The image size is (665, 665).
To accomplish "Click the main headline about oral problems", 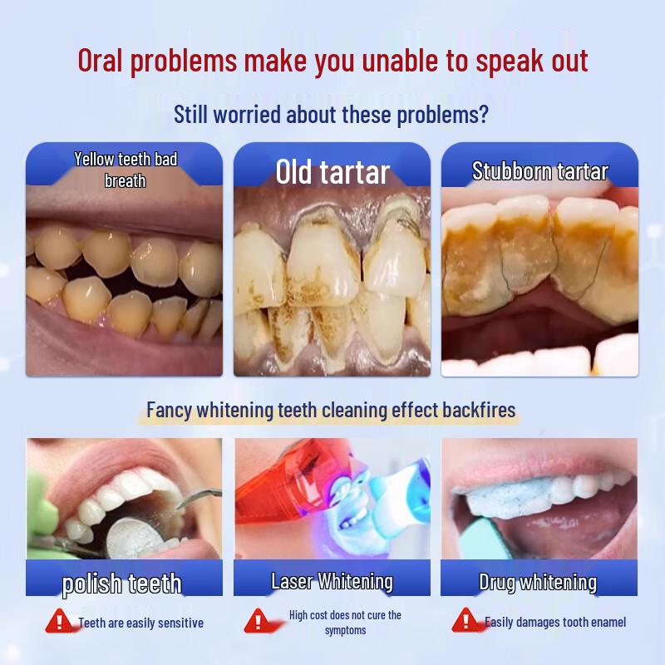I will (x=332, y=61).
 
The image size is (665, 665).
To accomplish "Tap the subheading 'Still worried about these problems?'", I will (x=331, y=114).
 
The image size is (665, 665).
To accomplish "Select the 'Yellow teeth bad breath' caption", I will (x=126, y=170).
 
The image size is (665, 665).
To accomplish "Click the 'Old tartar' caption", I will (x=332, y=172).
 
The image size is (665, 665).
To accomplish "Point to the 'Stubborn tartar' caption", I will (x=539, y=171).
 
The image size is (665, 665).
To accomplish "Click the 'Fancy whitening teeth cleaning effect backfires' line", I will (x=331, y=410).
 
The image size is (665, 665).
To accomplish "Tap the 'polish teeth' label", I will (x=122, y=583).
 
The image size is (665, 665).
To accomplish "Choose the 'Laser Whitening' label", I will (x=332, y=580).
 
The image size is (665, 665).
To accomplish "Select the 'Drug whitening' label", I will (x=538, y=582).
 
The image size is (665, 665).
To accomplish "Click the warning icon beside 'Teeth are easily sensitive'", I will (x=58, y=621).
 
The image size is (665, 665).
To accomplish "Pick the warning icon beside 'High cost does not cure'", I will (x=257, y=621).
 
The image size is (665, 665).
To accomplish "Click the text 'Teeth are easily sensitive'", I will (x=140, y=623).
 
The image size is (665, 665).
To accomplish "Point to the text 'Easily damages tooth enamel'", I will (x=555, y=622).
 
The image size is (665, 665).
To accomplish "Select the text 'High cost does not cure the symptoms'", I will (x=345, y=623).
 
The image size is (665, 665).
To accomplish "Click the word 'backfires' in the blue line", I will (x=475, y=410).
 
